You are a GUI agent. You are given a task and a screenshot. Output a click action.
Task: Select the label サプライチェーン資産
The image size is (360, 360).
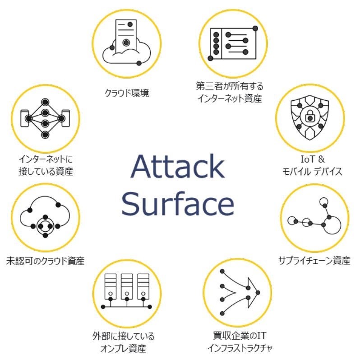click(314, 261)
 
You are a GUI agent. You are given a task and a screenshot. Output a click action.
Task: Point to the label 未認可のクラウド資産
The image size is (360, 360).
click(45, 261)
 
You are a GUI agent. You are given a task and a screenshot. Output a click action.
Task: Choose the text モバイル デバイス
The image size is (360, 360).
click(311, 172)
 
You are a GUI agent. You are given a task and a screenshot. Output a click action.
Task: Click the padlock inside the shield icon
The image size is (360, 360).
click(310, 117)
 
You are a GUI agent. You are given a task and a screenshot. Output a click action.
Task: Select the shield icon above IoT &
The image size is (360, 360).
click(309, 116)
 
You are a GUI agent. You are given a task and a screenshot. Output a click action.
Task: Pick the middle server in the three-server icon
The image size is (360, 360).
click(127, 287)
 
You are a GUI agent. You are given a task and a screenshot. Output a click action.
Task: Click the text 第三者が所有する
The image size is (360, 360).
click(229, 86)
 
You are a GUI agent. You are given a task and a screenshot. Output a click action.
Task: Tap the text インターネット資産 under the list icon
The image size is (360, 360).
click(229, 98)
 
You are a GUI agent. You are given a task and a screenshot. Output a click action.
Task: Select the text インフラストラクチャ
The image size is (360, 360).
click(240, 348)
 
